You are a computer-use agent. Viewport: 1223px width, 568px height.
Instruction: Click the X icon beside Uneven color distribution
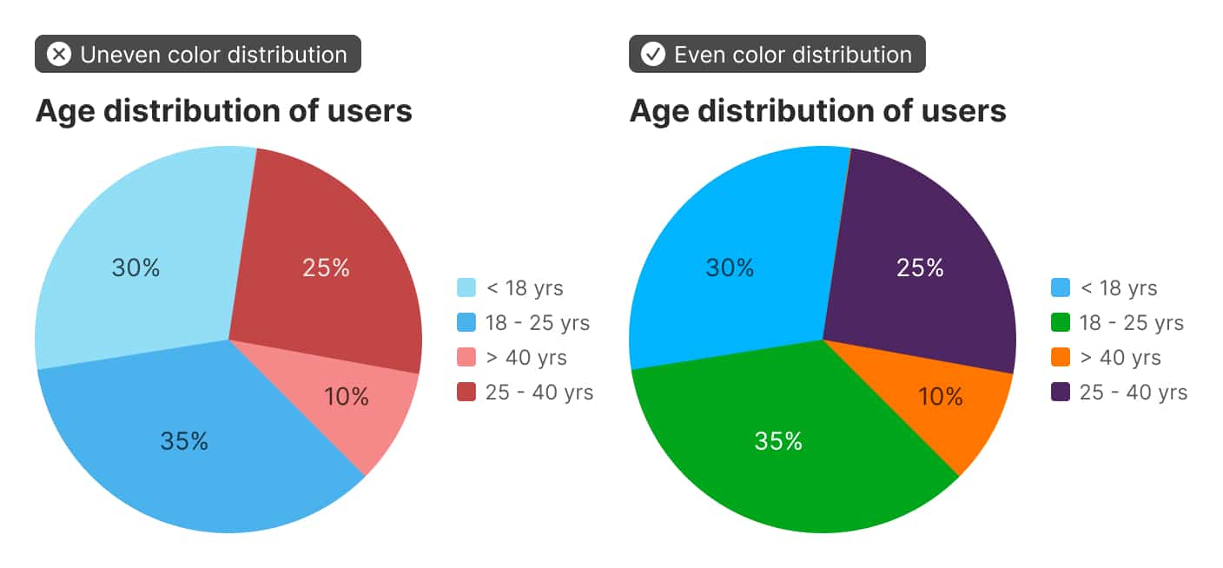pyautogui.click(x=58, y=55)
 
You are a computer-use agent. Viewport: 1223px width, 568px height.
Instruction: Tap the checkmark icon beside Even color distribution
pyautogui.click(x=652, y=55)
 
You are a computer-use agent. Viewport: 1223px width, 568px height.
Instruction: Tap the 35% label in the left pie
pyautogui.click(x=184, y=441)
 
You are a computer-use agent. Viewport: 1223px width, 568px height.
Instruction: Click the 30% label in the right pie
pyautogui.click(x=730, y=267)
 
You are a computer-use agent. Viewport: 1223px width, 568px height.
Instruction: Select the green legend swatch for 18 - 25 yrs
pyautogui.click(x=1060, y=323)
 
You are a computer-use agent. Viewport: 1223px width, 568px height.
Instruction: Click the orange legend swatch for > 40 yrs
pyautogui.click(x=1060, y=358)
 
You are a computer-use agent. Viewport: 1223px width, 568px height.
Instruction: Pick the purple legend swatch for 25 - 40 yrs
pyautogui.click(x=1060, y=393)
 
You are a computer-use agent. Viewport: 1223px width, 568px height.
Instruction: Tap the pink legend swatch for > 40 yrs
pyautogui.click(x=466, y=358)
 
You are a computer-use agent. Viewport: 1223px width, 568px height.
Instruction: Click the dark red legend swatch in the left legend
pyautogui.click(x=466, y=393)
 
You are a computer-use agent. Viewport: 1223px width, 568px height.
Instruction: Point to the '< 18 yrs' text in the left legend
pyautogui.click(x=525, y=288)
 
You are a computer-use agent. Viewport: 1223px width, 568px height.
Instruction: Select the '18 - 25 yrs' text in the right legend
pyautogui.click(x=1131, y=323)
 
